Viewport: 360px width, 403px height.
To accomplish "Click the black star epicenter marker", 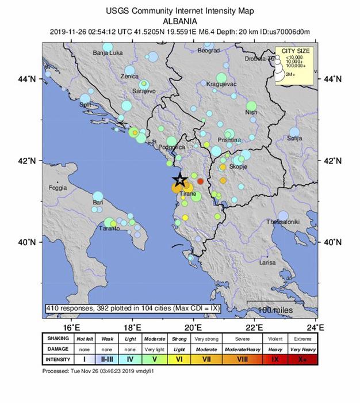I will pos(179,180).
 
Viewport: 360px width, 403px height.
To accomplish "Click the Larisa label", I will pos(267,263).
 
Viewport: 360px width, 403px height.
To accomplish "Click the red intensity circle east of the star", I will pos(201,181).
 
